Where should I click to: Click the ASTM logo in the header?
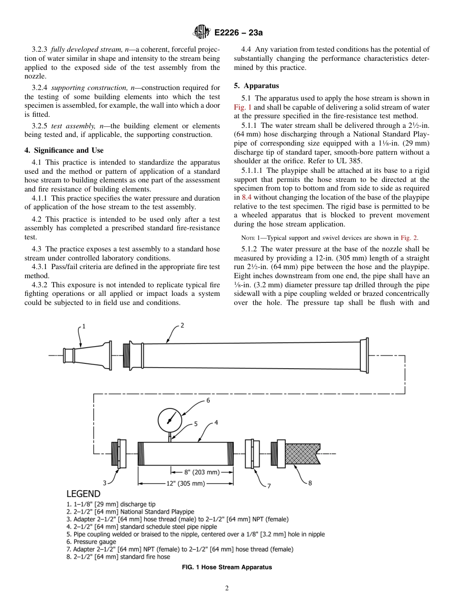tap(201, 32)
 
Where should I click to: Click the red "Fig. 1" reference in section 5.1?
tap(242, 108)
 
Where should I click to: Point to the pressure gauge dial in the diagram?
tap(169, 420)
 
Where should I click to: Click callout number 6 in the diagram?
tap(208, 400)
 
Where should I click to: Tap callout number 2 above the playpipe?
tap(182, 326)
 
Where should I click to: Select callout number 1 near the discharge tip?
tap(84, 327)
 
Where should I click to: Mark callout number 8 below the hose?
tap(310, 483)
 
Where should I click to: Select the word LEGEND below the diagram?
tap(83, 494)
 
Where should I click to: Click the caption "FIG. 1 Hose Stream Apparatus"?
tap(227, 567)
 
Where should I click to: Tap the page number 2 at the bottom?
tap(227, 588)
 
